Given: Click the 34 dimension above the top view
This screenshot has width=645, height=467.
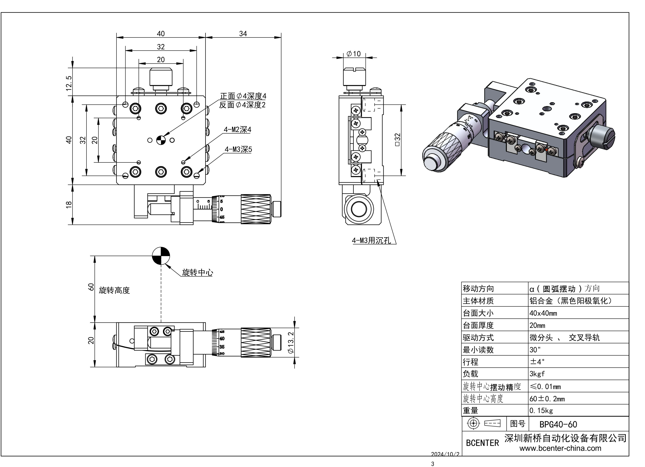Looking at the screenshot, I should pos(243,34).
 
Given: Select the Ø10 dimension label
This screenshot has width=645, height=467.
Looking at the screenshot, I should pos(354,54).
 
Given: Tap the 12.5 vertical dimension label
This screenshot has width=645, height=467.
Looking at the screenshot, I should pos(69,83).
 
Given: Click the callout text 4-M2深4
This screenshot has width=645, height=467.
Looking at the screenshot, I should pos(237,130).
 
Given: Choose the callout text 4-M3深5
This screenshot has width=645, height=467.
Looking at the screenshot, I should pos(238,149).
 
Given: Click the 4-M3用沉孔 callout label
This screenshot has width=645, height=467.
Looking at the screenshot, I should pos(371,240).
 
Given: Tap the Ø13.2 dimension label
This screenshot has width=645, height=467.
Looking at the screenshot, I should pos(291,343).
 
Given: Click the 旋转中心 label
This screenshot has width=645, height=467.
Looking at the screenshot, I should pos(197,272).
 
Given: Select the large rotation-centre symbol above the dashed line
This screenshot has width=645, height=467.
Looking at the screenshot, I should pos(161,256).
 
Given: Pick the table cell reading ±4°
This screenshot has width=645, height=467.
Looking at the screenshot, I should pos(537,362).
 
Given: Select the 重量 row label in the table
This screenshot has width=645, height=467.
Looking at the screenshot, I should pos(471,411).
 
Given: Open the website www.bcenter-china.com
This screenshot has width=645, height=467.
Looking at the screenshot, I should pos(560,448).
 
